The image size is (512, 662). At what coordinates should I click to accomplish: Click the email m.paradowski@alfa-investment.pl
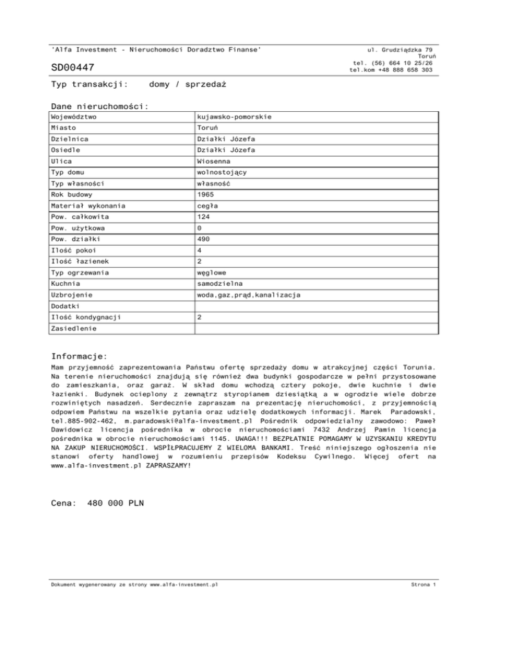[x=192, y=422]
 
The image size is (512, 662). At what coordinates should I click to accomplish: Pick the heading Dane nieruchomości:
[x=99, y=107]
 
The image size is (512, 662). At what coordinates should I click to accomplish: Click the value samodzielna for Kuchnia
[x=217, y=284]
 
